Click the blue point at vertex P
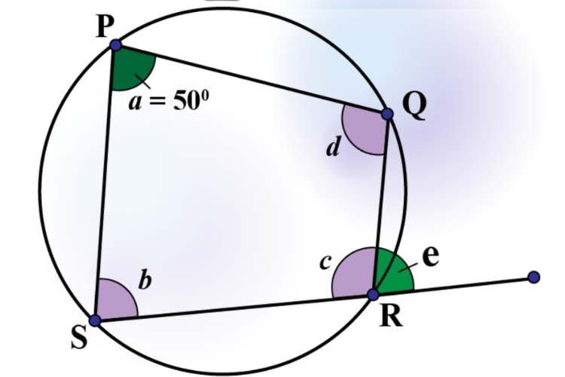pos(116,45)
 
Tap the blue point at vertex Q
pos(387,114)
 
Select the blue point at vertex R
pos(374,294)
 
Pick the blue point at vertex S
pos(95,320)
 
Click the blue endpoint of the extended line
pos(533,277)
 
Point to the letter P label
pos(105,27)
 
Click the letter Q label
pos(415,106)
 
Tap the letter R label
pos(391,317)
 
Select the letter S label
pos(79,338)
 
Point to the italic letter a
pos(135,103)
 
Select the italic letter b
pos(145,280)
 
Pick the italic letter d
pos(333,147)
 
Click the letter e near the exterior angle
pos(431,257)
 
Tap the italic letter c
pos(325,262)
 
